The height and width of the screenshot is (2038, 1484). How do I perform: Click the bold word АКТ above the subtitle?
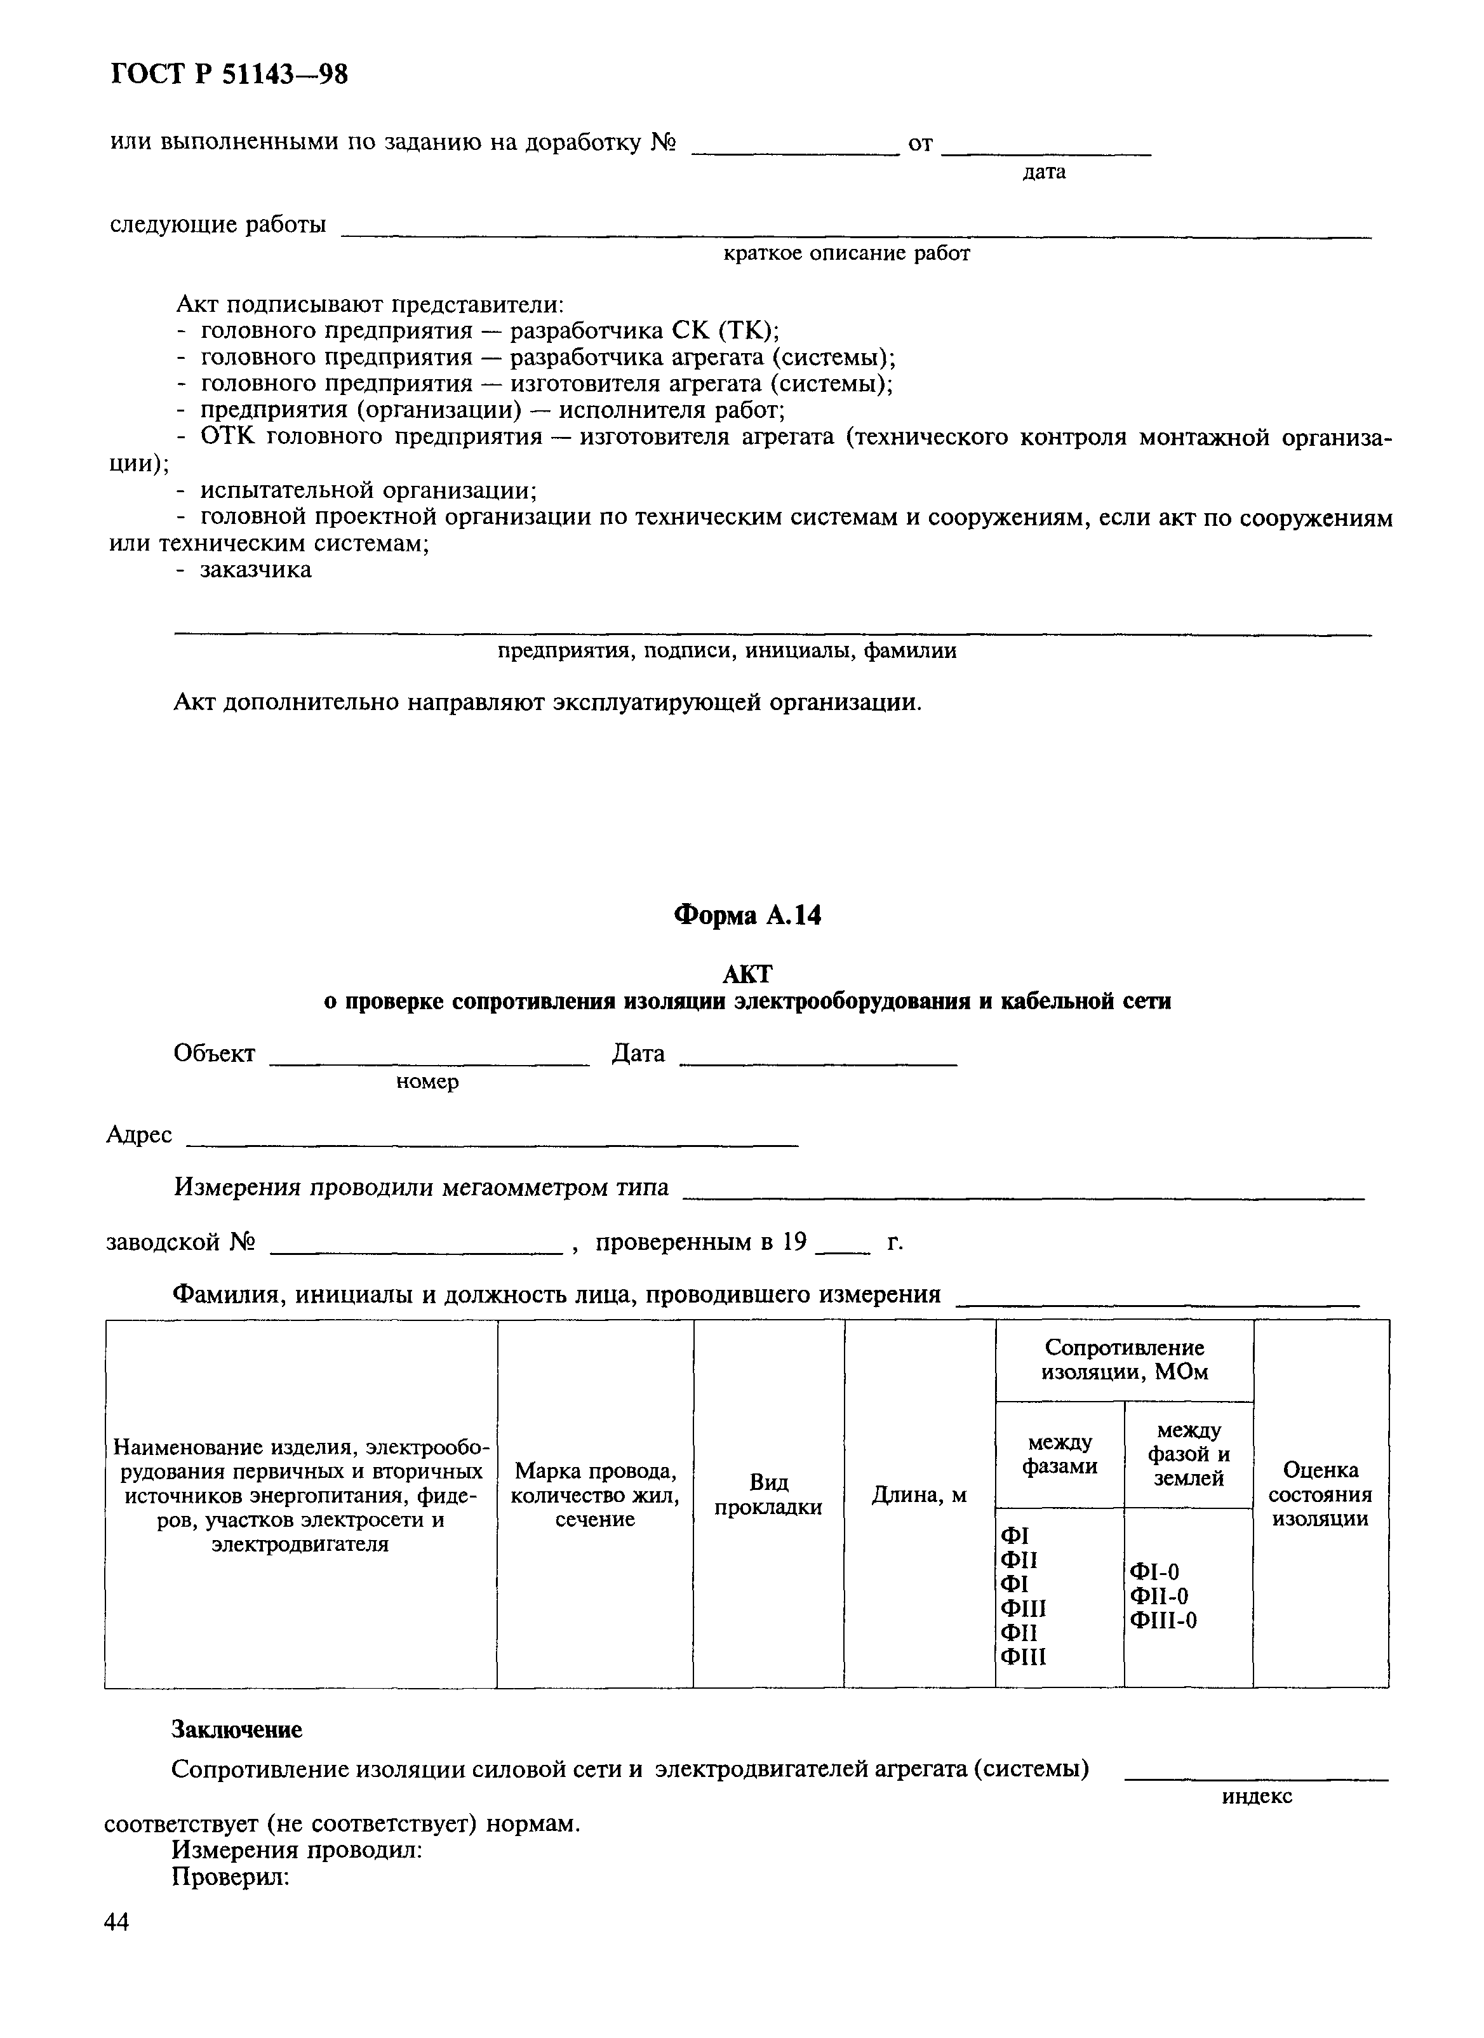pyautogui.click(x=747, y=974)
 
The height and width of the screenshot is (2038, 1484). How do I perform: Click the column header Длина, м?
pyautogui.click(x=919, y=1495)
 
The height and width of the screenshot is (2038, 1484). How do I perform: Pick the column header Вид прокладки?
pyautogui.click(x=768, y=1494)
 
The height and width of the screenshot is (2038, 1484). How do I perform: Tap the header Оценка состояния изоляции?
pyautogui.click(x=1321, y=1494)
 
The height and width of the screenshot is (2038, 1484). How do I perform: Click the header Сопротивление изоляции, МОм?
pyautogui.click(x=1124, y=1360)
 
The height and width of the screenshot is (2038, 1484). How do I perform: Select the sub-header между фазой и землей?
pyautogui.click(x=1189, y=1454)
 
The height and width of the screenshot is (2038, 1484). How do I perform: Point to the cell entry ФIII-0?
pyautogui.click(x=1163, y=1621)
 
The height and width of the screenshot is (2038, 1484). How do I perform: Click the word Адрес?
pyautogui.click(x=139, y=1135)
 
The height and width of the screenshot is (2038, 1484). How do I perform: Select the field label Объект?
pyautogui.click(x=214, y=1053)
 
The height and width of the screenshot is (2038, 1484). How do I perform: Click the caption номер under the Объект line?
pyautogui.click(x=427, y=1082)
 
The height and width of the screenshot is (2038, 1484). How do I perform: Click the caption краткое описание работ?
pyautogui.click(x=847, y=253)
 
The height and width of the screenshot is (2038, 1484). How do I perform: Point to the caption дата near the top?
pyautogui.click(x=1044, y=171)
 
